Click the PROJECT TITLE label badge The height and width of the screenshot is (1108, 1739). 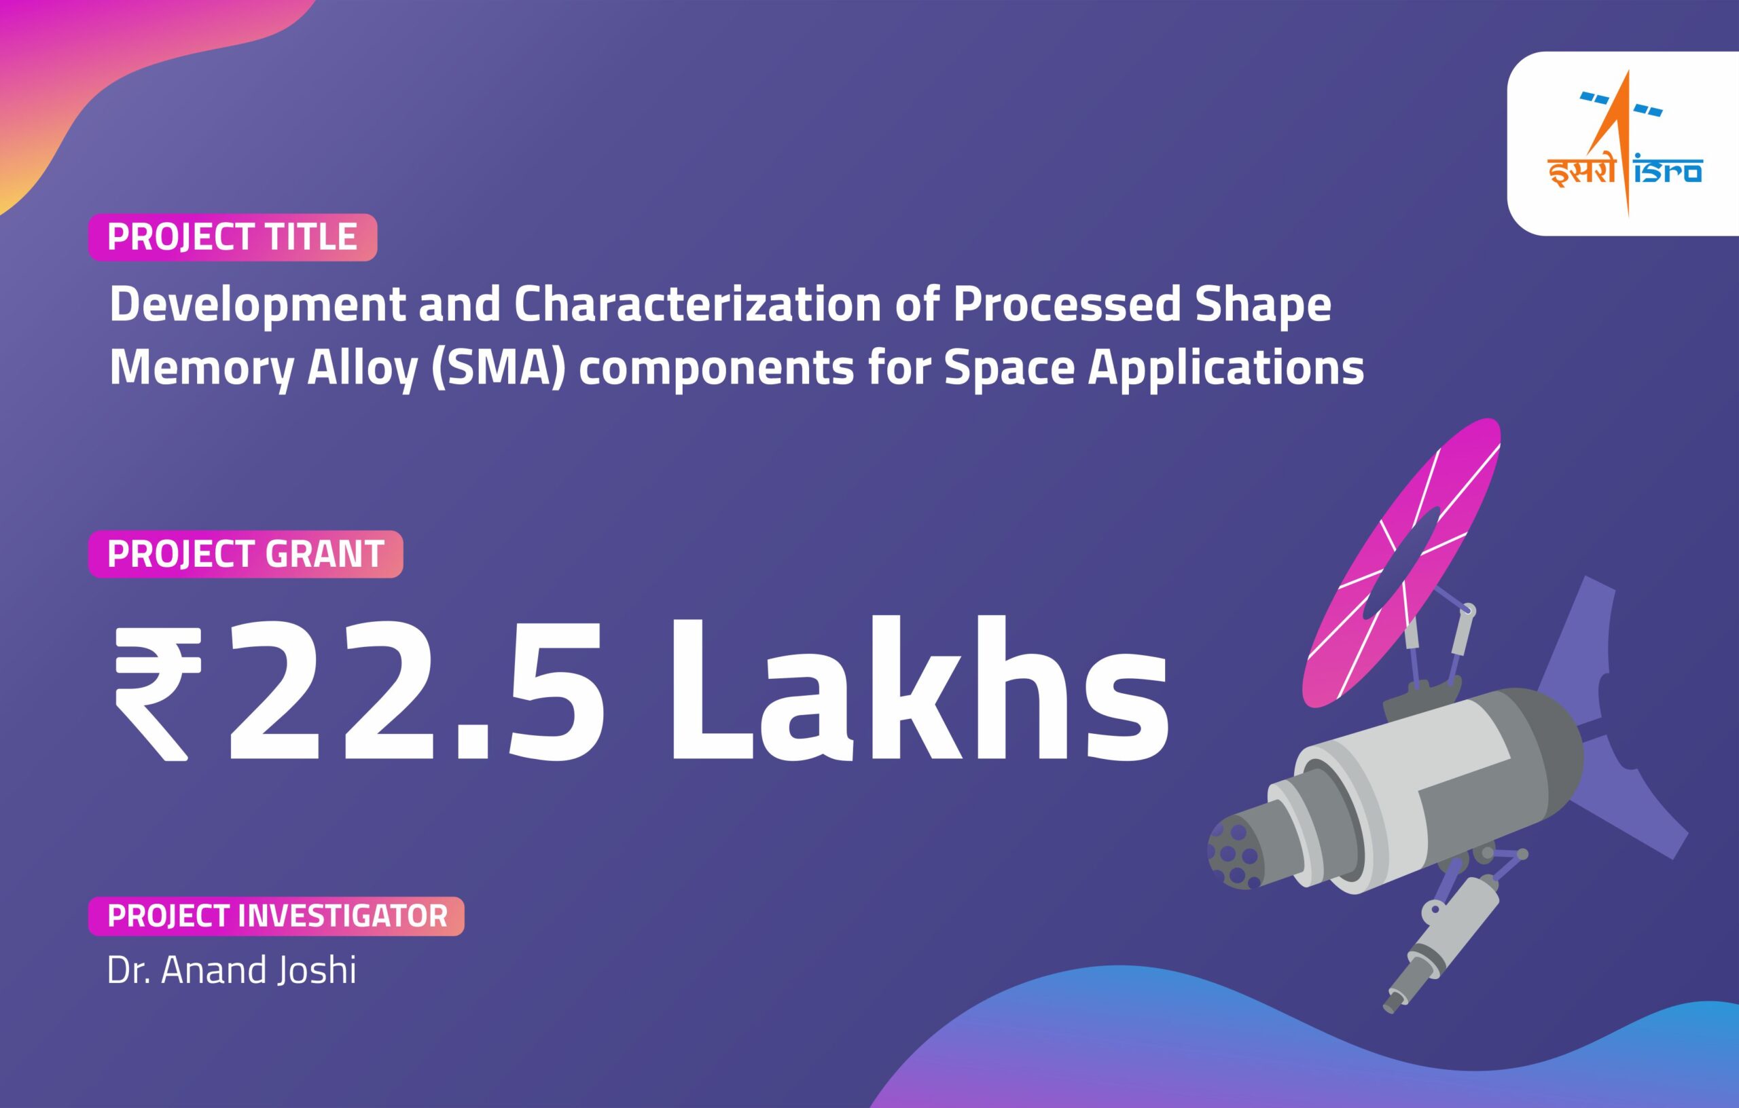coord(232,237)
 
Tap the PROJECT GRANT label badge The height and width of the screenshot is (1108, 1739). coord(245,553)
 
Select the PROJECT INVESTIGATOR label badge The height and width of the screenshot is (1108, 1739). coord(276,916)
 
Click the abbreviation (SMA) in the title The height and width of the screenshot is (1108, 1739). coord(497,367)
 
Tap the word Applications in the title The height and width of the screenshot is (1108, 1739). coord(1225,367)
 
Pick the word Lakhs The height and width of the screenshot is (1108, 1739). coord(918,690)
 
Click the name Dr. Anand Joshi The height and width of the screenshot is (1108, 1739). coord(232,970)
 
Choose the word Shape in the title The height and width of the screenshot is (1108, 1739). coord(1263,305)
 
